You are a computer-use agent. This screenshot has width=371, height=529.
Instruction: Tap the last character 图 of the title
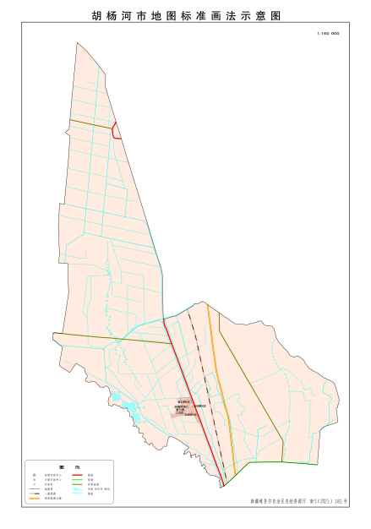pyautogui.click(x=276, y=16)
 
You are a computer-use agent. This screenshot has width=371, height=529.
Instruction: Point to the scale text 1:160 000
pyautogui.click(x=327, y=34)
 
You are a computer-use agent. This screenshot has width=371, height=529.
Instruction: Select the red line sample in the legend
pyautogui.click(x=78, y=476)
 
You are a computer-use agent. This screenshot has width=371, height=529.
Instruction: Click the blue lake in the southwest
pyautogui.click(x=131, y=412)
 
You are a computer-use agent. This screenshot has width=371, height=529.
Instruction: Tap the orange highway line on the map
pyautogui.click(x=218, y=380)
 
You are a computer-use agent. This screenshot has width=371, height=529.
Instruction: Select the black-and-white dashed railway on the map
pyautogui.click(x=203, y=372)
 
